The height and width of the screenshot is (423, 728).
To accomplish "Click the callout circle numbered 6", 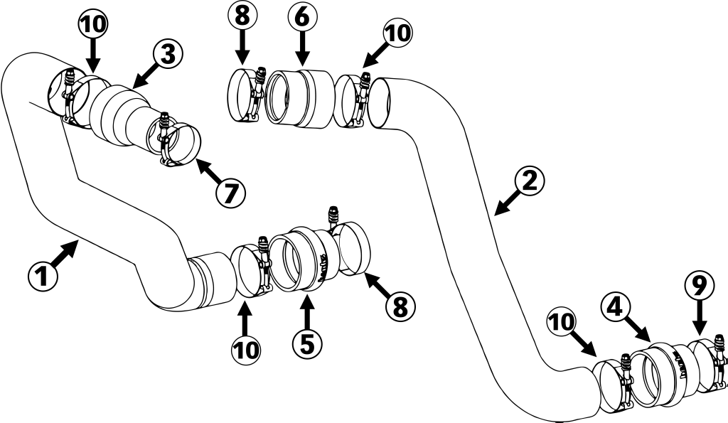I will coord(302,16).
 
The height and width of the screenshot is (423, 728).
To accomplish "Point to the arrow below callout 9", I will coord(699,320).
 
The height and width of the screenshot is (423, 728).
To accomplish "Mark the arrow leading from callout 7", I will coord(206,171).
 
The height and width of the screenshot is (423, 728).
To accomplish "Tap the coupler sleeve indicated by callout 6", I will coord(300,99).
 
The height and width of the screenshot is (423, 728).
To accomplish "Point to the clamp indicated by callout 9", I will coord(711,366).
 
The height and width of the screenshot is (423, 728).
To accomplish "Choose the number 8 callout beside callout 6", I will coord(242,16).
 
